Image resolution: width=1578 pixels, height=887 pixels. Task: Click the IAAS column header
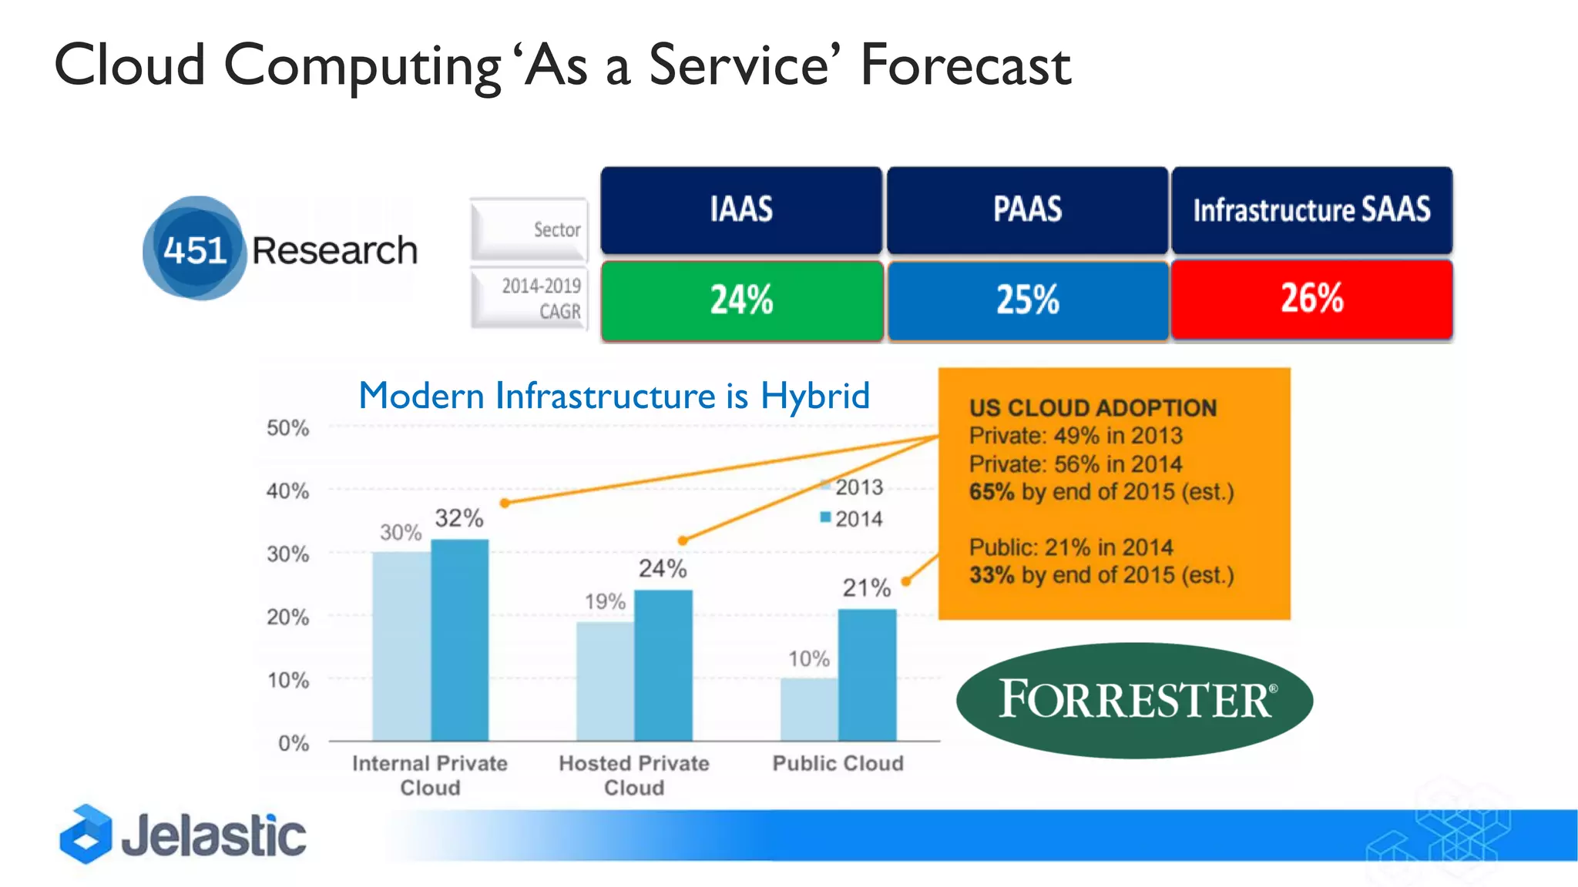(x=741, y=209)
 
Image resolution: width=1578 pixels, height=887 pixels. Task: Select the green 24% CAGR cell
(x=741, y=300)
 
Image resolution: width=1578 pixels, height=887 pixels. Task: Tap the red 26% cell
(x=1311, y=299)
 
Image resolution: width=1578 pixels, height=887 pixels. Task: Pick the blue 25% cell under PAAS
(x=1027, y=300)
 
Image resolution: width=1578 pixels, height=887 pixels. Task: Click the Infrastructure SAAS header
(x=1311, y=209)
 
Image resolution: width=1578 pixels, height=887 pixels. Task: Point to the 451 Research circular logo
(x=195, y=249)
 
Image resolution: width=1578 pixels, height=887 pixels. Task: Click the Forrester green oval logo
(x=1134, y=700)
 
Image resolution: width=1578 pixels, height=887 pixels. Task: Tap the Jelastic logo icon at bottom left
(x=86, y=835)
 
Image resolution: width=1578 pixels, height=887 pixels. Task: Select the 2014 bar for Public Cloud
(x=867, y=674)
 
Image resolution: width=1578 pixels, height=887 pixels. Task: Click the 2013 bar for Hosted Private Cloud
(x=605, y=681)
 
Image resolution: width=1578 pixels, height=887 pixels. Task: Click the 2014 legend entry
(x=851, y=519)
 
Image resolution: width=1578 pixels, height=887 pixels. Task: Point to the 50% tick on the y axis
(x=287, y=428)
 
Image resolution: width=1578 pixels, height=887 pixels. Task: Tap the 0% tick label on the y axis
(x=293, y=743)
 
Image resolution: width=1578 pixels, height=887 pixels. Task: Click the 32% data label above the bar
(x=459, y=518)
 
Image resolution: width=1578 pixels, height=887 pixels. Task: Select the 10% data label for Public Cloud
(x=808, y=659)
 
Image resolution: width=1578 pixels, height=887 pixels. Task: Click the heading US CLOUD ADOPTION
(x=1093, y=408)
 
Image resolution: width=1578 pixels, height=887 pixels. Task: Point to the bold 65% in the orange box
(x=991, y=492)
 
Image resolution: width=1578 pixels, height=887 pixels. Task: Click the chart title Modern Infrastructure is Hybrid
(x=614, y=396)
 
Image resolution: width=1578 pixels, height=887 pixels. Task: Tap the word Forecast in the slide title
(x=965, y=65)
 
